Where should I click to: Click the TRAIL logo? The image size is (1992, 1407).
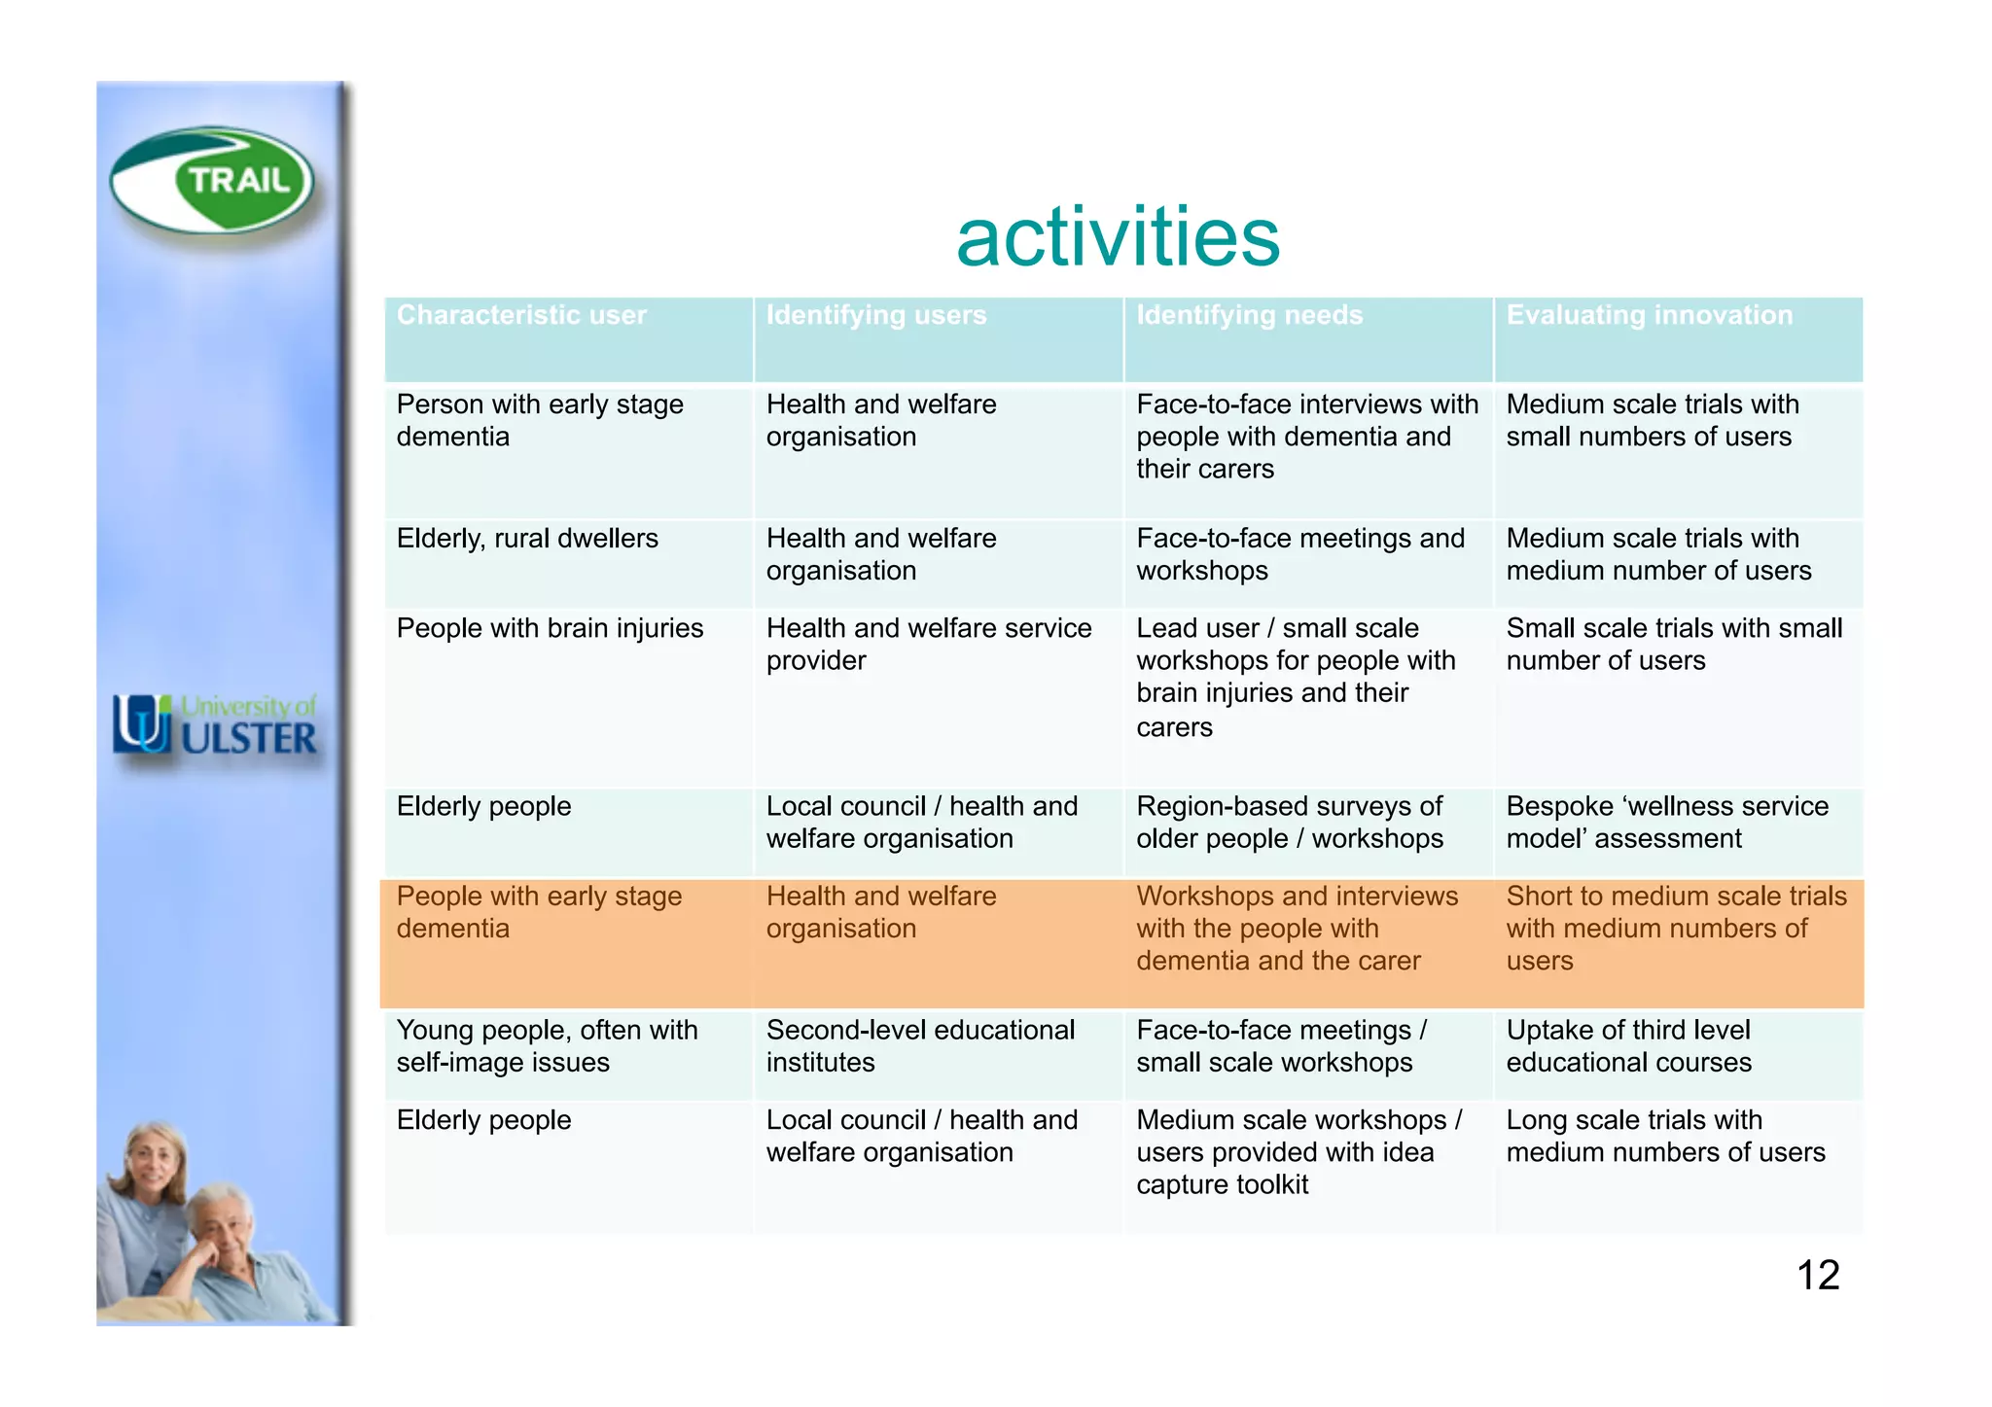[x=212, y=181]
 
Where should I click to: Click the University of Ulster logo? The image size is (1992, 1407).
[x=215, y=725]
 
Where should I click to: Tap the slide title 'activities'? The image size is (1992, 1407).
[x=1118, y=237]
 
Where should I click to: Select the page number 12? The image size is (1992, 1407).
[x=1817, y=1275]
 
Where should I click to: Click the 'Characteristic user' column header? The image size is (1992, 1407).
[x=521, y=316]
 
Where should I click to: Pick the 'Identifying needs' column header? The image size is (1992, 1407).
[x=1249, y=316]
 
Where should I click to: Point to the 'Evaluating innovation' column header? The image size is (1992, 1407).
[x=1649, y=316]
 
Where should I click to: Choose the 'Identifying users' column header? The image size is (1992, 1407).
[x=875, y=316]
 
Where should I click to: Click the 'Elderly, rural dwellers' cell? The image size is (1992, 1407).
[x=527, y=539]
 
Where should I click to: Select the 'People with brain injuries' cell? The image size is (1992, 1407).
[x=550, y=628]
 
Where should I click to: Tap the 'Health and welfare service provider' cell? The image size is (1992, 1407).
[x=928, y=644]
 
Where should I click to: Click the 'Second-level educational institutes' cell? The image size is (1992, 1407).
[x=919, y=1046]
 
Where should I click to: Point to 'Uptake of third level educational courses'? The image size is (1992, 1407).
[x=1629, y=1046]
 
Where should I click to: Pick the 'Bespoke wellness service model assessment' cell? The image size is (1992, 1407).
[x=1667, y=823]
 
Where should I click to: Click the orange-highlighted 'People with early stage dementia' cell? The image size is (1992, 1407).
[x=539, y=912]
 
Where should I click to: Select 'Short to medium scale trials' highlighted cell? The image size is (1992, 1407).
[x=1675, y=928]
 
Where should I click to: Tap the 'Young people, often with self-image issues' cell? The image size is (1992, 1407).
[x=547, y=1046]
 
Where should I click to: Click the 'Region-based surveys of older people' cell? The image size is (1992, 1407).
[x=1290, y=823]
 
